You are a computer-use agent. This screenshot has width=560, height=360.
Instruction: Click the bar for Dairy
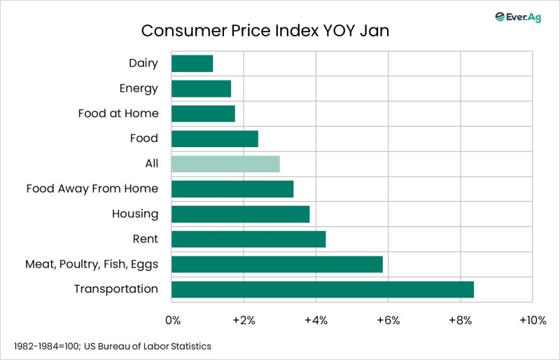192,63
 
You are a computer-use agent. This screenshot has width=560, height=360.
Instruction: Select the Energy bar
201,88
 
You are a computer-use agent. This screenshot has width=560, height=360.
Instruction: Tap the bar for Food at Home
203,113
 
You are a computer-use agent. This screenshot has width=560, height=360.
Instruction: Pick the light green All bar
225,164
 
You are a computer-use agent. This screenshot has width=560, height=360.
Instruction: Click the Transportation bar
322,289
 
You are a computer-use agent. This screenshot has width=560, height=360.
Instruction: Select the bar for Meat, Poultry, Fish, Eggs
276,264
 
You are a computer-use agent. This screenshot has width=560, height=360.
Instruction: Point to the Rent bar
248,239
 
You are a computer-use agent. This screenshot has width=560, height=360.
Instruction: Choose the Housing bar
240,214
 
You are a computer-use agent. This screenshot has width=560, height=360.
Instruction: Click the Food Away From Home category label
92,188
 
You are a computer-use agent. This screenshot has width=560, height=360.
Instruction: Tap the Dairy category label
143,63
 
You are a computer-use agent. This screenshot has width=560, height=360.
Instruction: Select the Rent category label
145,239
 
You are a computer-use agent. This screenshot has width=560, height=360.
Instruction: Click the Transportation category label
115,289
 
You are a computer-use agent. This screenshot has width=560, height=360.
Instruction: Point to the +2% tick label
243,321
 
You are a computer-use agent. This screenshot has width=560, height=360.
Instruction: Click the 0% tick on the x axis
172,321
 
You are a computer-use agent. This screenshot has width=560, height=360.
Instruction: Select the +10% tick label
532,321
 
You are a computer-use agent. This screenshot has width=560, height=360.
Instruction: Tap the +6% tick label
387,321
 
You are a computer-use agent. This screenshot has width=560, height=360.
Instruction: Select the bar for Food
214,139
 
